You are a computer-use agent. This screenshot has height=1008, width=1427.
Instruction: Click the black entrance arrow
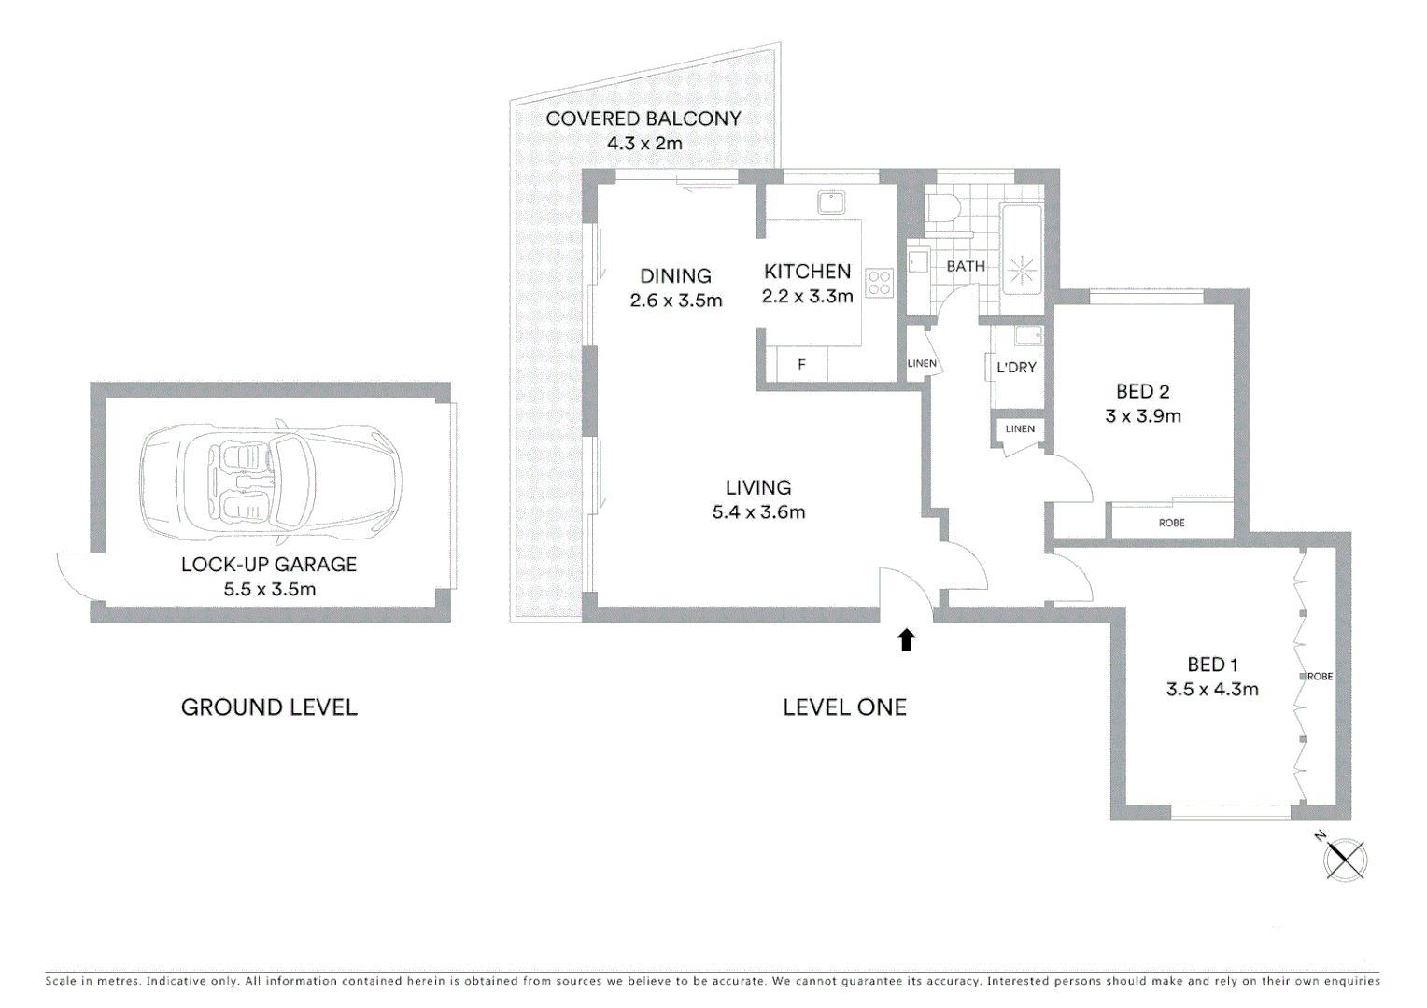[906, 639]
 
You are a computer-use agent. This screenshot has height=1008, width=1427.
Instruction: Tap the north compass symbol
[1345, 859]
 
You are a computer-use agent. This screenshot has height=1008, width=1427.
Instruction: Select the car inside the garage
[271, 482]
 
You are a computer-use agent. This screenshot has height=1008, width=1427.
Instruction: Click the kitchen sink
[831, 202]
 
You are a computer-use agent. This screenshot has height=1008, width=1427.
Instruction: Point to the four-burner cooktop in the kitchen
[879, 283]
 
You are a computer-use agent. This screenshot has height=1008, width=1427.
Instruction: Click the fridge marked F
[801, 365]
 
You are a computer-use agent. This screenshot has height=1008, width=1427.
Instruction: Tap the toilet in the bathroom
[941, 208]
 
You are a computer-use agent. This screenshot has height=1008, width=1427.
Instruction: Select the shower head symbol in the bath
[1021, 271]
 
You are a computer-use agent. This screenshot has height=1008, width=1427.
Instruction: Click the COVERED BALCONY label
[643, 119]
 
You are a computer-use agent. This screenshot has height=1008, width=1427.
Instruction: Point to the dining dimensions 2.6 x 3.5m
[676, 301]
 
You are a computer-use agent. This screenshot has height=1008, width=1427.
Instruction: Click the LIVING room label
[758, 487]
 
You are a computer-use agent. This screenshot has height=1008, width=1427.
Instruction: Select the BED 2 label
[1143, 392]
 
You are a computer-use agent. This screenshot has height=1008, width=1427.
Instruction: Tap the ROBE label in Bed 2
[1171, 523]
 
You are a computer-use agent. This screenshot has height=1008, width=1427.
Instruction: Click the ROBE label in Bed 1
[1320, 677]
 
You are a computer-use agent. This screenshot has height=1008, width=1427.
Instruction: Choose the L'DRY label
[1016, 368]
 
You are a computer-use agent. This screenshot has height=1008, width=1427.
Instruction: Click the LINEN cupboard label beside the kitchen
[922, 364]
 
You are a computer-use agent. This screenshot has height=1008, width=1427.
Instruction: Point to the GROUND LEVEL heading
[269, 707]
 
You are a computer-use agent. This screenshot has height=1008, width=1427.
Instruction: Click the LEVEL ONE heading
[844, 707]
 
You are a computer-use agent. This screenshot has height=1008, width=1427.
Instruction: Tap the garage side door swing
[77, 575]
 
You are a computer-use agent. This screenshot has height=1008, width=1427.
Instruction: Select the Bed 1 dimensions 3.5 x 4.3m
[1212, 690]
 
